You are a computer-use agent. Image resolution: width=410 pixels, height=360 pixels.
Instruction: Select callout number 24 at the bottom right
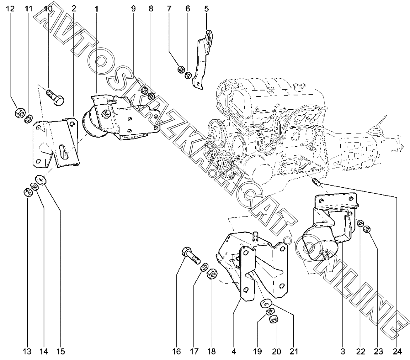tap(397, 352)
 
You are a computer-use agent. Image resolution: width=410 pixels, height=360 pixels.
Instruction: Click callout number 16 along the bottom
tap(177, 352)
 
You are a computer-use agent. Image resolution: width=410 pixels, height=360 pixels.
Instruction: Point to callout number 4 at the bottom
tap(234, 352)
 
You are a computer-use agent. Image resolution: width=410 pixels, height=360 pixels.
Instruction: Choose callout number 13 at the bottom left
tap(28, 352)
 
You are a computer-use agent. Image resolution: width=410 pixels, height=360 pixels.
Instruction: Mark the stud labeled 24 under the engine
tap(316, 182)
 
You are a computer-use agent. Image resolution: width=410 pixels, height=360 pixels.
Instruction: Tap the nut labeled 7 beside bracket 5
tap(181, 69)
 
